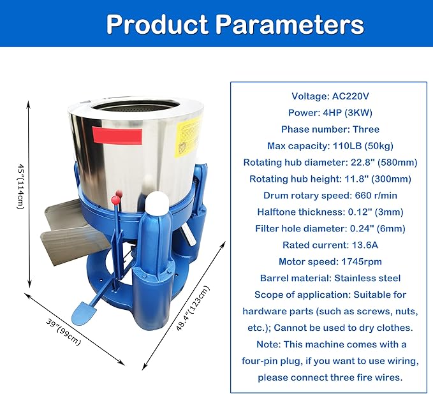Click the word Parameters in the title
290,24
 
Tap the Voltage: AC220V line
330,96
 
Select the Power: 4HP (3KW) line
330,113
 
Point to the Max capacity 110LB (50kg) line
330,146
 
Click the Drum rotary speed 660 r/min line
330,195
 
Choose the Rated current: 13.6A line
330,245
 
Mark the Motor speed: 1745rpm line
330,261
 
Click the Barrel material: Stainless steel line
330,278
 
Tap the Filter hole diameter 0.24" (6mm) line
330,228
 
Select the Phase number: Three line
330,129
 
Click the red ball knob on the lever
116,200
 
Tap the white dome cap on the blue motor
156,204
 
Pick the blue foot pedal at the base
83,312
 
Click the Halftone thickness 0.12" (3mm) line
330,212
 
